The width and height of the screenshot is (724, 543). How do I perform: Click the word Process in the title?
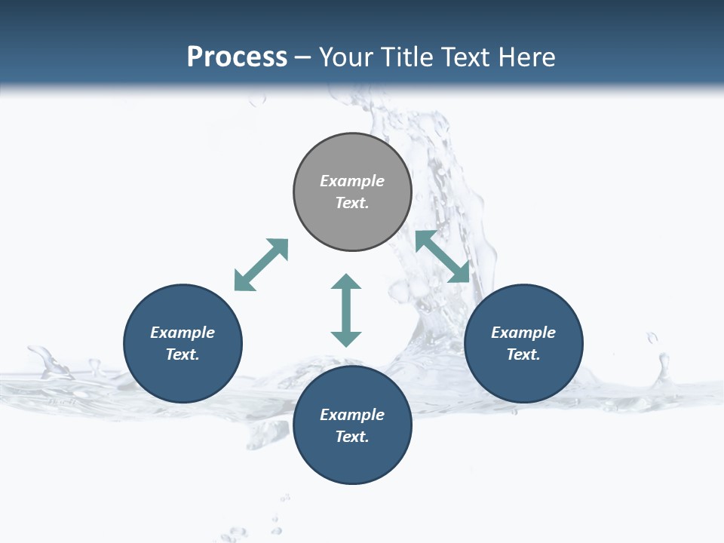pyautogui.click(x=237, y=57)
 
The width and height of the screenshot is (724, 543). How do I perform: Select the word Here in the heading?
pyautogui.click(x=526, y=57)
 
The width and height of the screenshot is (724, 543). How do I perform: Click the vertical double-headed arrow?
pyautogui.click(x=346, y=310)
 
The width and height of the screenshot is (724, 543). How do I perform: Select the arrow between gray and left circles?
pyautogui.click(x=261, y=265)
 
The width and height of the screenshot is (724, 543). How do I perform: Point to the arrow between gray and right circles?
pyautogui.click(x=443, y=256)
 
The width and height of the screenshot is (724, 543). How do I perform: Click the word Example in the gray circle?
pyautogui.click(x=352, y=181)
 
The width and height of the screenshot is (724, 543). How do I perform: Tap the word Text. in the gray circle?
pyautogui.click(x=352, y=203)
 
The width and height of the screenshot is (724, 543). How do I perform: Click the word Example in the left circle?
pyautogui.click(x=183, y=333)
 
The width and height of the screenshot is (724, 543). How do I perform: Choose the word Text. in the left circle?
pyautogui.click(x=183, y=354)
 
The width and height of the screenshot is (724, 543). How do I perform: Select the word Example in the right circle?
pyautogui.click(x=523, y=333)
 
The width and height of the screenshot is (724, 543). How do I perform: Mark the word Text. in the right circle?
pyautogui.click(x=523, y=354)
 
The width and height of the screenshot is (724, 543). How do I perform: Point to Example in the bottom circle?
pyautogui.click(x=352, y=415)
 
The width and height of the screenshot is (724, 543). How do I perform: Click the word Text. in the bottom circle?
pyautogui.click(x=352, y=437)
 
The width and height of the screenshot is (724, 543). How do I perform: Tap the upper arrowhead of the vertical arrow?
pyautogui.click(x=346, y=284)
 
